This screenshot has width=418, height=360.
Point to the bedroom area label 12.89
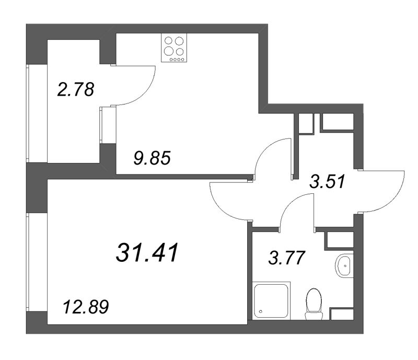(x=85, y=306)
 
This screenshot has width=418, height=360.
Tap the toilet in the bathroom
(x=314, y=303)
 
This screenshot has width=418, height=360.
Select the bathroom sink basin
(x=345, y=266)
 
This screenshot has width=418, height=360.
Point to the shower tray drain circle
(x=260, y=311)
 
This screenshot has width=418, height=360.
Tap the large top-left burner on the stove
(x=170, y=41)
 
